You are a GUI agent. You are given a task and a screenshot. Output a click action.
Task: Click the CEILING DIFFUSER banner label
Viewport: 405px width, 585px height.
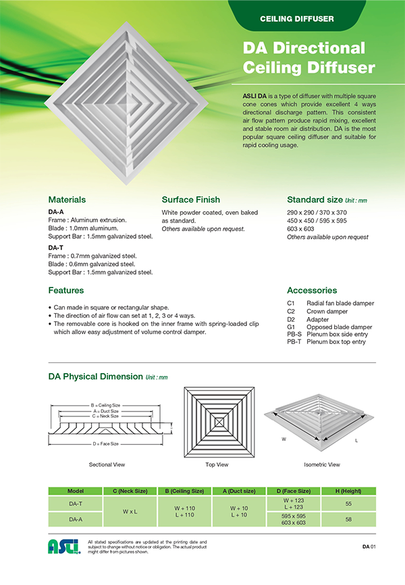pos(297,18)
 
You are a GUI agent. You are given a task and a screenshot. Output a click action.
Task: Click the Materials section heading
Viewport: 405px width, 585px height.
pos(67,200)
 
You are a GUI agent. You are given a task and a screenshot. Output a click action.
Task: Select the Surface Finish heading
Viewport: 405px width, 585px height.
pos(191,200)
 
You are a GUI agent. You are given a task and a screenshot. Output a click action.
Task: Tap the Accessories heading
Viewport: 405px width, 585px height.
pos(312,290)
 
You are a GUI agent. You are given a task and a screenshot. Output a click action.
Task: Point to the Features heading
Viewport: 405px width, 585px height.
pos(66,290)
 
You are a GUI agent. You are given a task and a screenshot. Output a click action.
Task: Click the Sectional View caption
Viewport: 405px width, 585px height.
pos(107,465)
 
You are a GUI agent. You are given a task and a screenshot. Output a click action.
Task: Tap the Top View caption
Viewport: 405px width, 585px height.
pos(217,465)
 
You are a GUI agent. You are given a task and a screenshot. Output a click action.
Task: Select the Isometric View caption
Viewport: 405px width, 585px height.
pos(322,465)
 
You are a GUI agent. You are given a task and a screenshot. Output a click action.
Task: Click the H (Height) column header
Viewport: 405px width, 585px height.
pos(348,491)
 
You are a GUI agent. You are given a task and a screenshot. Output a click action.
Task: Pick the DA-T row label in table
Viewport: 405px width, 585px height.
pos(76,503)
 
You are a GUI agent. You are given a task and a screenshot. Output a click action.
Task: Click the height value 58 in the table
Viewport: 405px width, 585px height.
pos(348,520)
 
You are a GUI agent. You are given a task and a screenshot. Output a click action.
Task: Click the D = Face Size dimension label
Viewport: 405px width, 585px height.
pos(106,444)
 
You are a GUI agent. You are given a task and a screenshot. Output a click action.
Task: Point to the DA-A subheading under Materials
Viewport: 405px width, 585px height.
pos(56,212)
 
